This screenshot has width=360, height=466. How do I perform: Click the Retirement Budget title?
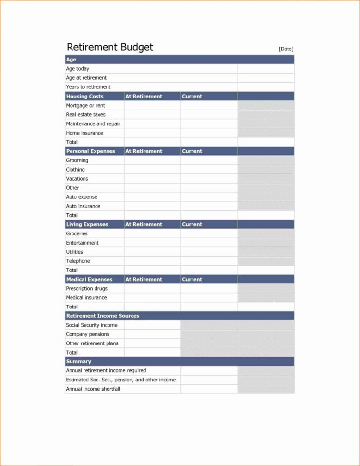click(x=110, y=47)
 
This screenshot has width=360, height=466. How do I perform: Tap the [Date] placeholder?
click(x=286, y=49)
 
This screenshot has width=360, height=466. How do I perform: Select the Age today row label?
click(x=78, y=69)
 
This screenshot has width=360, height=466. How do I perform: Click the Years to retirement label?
click(x=88, y=87)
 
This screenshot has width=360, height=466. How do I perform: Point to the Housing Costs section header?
click(x=85, y=96)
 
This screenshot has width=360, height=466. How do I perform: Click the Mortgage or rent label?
click(x=85, y=105)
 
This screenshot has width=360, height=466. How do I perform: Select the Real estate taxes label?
click(x=86, y=115)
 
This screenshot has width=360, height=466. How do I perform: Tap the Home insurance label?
click(x=84, y=133)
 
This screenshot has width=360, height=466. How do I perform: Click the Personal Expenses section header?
click(x=91, y=151)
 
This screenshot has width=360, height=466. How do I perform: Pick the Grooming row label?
click(x=77, y=160)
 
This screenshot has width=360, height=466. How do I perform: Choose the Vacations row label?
click(x=77, y=179)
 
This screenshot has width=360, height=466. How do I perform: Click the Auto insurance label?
click(x=84, y=206)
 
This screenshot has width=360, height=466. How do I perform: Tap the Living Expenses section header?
click(x=87, y=224)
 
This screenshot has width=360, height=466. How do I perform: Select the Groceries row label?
click(x=77, y=233)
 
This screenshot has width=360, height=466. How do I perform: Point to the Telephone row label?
click(x=78, y=261)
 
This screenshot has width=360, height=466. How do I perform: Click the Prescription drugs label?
click(x=87, y=289)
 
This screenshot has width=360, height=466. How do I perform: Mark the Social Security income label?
click(x=92, y=325)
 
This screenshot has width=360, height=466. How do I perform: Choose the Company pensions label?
click(x=88, y=334)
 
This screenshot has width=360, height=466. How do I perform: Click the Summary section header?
click(x=79, y=361)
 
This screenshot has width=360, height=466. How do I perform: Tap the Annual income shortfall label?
click(x=93, y=389)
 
